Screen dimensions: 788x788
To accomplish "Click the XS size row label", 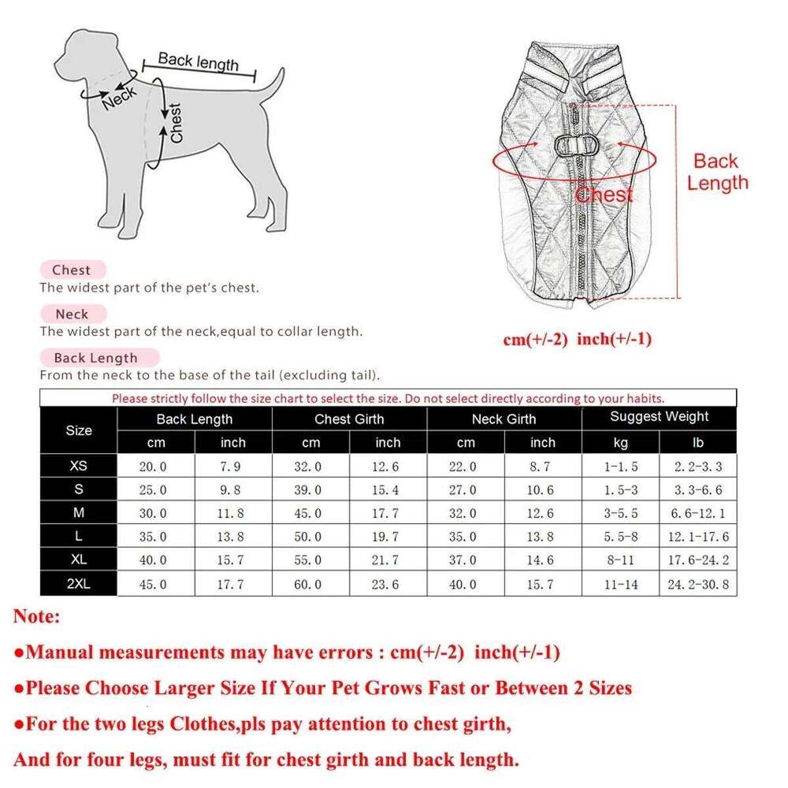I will tap(78, 466).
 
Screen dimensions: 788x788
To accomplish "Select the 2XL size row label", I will tap(78, 584).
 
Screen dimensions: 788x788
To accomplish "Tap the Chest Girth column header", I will tap(349, 419).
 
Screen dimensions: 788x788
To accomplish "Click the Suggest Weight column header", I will tap(659, 417).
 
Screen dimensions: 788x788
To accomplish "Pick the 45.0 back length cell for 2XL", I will tap(153, 585).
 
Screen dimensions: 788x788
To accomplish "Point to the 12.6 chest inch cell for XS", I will tap(385, 466).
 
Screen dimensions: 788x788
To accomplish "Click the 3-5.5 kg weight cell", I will tap(621, 514).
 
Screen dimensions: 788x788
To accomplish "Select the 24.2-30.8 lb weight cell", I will tap(697, 585).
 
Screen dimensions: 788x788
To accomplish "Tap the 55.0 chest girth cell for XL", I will tap(308, 561).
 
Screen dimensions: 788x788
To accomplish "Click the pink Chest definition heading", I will tap(72, 270).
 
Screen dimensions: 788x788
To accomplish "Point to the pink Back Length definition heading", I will tap(95, 358).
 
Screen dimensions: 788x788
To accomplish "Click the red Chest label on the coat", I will tap(604, 195).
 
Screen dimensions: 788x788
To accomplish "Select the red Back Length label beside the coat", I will tap(716, 173).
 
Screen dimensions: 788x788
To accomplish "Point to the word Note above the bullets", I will tap(36, 616).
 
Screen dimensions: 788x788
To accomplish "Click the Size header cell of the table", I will tap(78, 430).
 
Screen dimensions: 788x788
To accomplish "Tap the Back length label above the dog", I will tap(198, 61).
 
